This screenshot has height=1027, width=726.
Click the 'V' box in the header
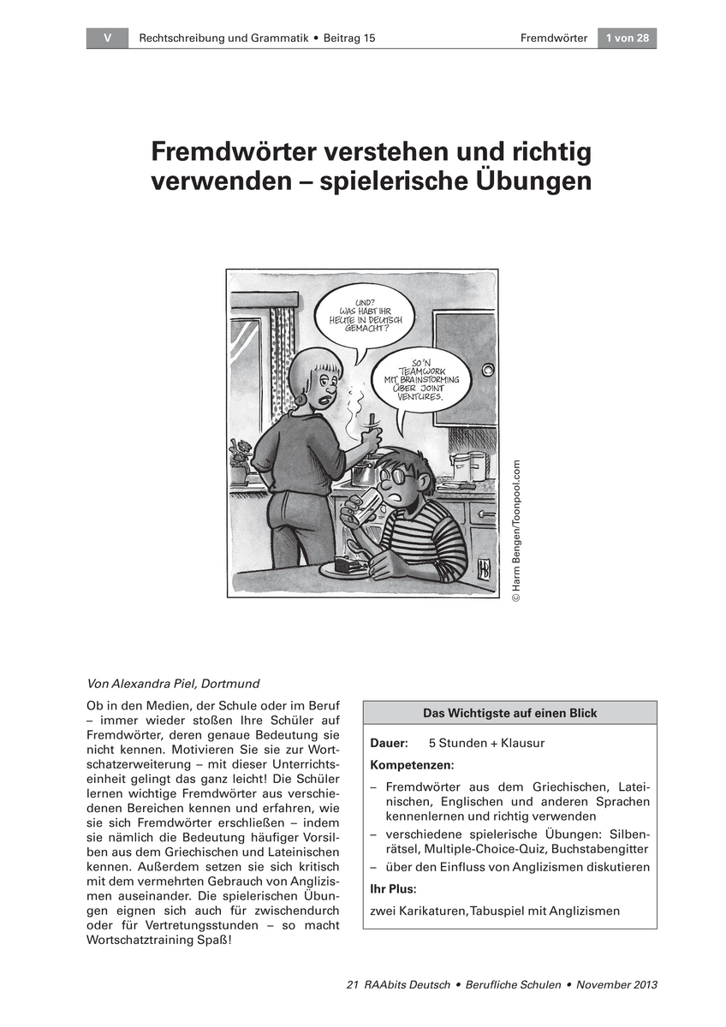[x=107, y=39]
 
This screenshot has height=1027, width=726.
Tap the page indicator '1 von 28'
[x=627, y=39]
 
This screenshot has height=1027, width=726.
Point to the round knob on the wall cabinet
[x=489, y=370]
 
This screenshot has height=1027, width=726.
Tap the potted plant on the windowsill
[x=239, y=454]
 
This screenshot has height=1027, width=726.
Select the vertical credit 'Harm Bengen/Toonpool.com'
[x=516, y=531]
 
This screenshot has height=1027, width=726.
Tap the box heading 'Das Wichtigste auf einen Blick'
[x=509, y=713]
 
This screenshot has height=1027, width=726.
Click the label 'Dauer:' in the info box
[x=389, y=743]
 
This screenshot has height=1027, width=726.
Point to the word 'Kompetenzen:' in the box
[x=412, y=763]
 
